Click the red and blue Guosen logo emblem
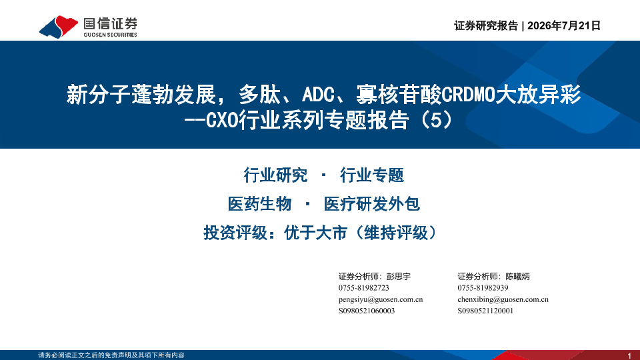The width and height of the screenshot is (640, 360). [59, 27]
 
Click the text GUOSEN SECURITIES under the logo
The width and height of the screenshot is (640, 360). [110, 35]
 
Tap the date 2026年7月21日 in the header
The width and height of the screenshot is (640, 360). [564, 26]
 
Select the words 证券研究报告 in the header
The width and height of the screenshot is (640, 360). [486, 26]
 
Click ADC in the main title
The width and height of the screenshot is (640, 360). [319, 94]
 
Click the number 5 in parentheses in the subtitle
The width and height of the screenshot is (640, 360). [436, 120]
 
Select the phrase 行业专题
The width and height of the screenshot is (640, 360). [372, 175]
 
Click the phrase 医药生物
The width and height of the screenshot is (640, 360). [259, 204]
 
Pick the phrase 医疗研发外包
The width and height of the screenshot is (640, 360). [372, 204]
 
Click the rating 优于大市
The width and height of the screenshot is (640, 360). [315, 233]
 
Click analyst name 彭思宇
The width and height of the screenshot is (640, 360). [399, 276]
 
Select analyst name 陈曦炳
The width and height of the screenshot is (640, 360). [517, 276]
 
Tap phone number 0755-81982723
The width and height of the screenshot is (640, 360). [364, 288]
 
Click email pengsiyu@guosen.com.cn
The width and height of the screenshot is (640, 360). [381, 299]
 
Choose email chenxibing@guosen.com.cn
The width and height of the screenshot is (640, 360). [503, 299]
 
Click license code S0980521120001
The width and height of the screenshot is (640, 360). [485, 311]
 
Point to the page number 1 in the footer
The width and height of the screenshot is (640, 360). [629, 355]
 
